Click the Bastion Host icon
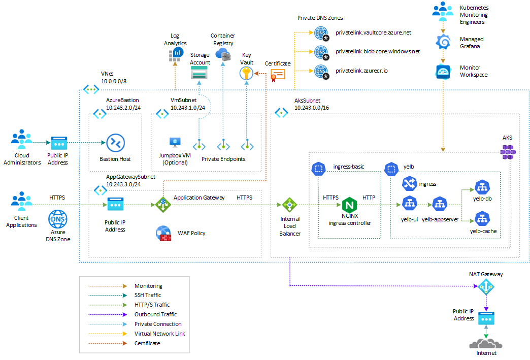115,143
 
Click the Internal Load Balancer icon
289,205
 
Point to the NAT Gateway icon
486,287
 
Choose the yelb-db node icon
480,187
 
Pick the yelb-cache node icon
480,219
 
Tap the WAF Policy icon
164,234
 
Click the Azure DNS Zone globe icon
57,220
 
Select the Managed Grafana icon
444,42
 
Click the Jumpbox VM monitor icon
175,143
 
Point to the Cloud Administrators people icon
21,139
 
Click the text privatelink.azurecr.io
361,71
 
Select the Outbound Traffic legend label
155,314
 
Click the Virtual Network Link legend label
159,334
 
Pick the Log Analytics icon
175,55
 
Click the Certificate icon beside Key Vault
278,75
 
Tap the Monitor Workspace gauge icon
444,72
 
